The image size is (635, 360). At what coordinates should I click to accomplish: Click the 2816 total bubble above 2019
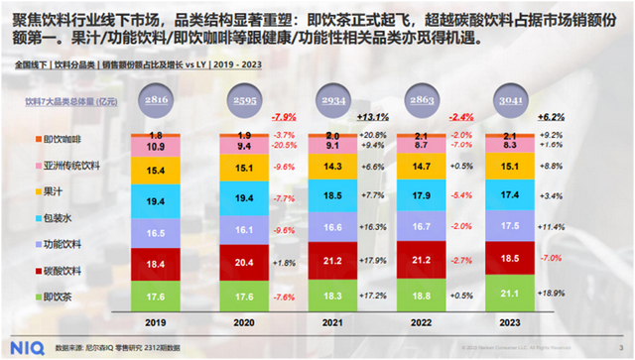[x=154, y=100]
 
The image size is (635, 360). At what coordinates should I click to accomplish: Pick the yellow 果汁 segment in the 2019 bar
[x=155, y=172]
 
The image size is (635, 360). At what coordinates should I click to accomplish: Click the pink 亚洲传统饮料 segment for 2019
[x=155, y=146]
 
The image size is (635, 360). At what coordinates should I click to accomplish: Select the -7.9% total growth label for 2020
[x=285, y=116]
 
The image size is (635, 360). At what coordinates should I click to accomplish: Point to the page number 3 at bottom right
[x=617, y=347]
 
